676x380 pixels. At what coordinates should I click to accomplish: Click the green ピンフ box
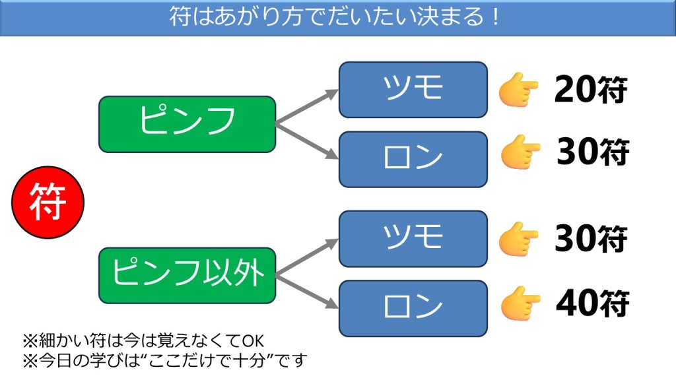[187, 124]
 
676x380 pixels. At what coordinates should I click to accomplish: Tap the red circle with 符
[48, 203]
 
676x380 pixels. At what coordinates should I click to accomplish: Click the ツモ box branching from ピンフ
[413, 90]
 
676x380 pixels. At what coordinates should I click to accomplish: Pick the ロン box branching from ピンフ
[413, 159]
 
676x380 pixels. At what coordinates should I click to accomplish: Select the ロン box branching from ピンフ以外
[413, 308]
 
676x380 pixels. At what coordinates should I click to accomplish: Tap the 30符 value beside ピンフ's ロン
[592, 153]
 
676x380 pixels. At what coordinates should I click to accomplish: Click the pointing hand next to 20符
[518, 90]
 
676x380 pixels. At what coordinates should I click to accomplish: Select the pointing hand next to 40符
[520, 304]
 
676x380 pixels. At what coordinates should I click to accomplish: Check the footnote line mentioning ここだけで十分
[165, 361]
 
